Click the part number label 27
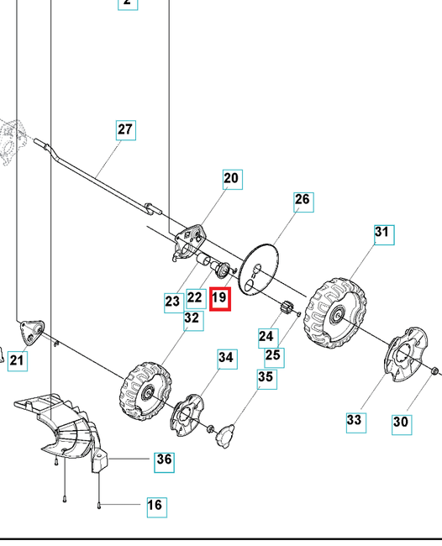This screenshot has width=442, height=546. click(x=125, y=130)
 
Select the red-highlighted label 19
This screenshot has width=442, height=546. click(x=219, y=297)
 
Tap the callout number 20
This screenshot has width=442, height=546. click(x=231, y=178)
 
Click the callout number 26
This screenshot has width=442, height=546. click(x=303, y=200)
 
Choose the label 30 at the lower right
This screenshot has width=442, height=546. click(x=403, y=423)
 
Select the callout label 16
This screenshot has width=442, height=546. click(x=155, y=505)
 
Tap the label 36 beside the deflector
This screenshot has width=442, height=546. click(x=164, y=459)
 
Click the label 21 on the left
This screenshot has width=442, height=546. click(x=17, y=361)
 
